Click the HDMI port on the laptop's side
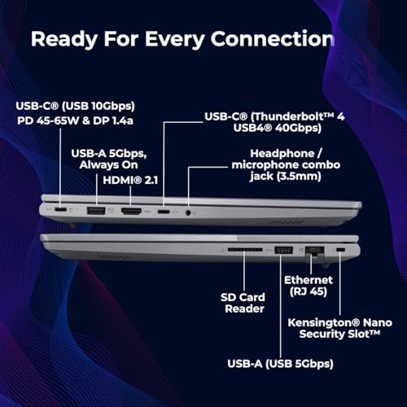pyautogui.click(x=131, y=212)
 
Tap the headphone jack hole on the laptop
pyautogui.click(x=188, y=212)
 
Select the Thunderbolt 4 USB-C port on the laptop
pyautogui.click(x=164, y=212)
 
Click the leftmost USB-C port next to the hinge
pyautogui.click(x=60, y=210)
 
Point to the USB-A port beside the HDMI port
pyautogui.click(x=96, y=211)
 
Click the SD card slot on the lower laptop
pyautogui.click(x=245, y=249)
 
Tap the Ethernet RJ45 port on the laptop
pyautogui.click(x=315, y=250)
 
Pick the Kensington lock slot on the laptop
pyautogui.click(x=340, y=249)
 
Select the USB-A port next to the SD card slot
pyautogui.click(x=284, y=250)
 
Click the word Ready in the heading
pyautogui.click(x=64, y=39)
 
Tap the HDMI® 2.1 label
pyautogui.click(x=130, y=180)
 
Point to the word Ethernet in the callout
pyautogui.click(x=309, y=280)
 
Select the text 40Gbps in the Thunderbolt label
pyautogui.click(x=298, y=128)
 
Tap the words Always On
pyautogui.click(x=108, y=165)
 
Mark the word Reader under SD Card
pyautogui.click(x=244, y=309)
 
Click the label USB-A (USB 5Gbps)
pyautogui.click(x=280, y=364)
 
